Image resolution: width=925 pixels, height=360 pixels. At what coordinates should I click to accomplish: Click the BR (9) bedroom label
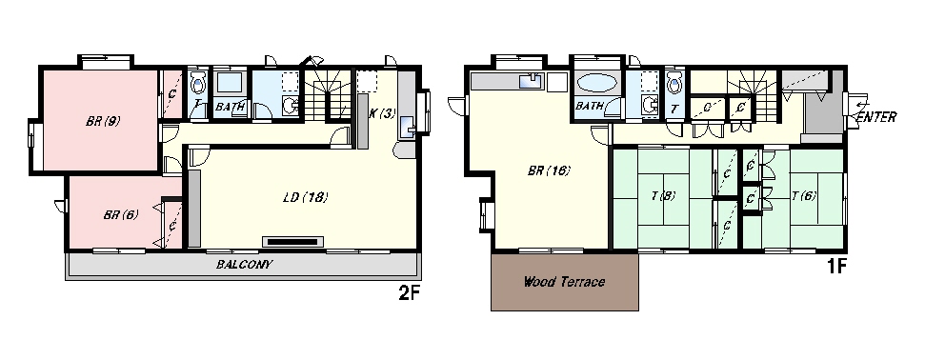tap(102, 121)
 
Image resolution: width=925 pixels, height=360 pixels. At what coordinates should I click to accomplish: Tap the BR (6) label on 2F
tap(120, 214)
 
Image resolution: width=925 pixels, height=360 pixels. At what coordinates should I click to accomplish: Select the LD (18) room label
tap(305, 198)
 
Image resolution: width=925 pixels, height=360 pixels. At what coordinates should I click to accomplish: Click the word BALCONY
tap(245, 264)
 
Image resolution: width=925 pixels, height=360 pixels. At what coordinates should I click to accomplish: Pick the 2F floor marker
tap(410, 293)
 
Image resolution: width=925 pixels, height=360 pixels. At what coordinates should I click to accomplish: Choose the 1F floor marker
tap(836, 268)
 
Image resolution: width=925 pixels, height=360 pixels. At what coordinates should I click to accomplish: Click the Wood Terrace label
tap(565, 283)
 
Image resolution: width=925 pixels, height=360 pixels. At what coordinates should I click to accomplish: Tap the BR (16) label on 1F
tap(548, 171)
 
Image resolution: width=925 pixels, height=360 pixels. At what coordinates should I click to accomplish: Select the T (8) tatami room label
tap(664, 195)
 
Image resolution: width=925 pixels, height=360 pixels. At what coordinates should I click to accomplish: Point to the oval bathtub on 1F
tap(597, 83)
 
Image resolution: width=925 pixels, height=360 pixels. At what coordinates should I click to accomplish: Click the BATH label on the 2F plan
tap(230, 107)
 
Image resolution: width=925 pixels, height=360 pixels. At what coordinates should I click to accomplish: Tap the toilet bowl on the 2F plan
tap(198, 80)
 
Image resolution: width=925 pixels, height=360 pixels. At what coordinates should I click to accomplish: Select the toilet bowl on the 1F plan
tap(674, 81)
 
